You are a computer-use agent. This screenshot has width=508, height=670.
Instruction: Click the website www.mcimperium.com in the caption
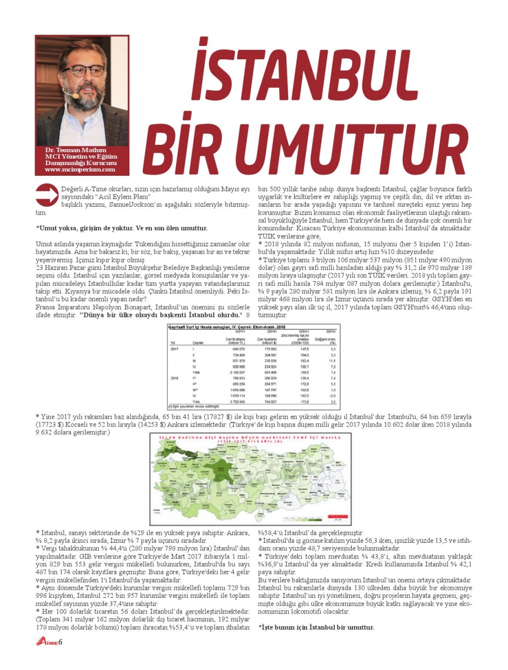[80, 169]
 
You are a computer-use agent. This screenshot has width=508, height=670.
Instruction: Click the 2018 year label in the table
[174, 379]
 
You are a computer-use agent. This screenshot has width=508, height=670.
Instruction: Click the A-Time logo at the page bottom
[47, 641]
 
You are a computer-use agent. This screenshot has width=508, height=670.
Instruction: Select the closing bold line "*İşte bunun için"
[317, 627]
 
